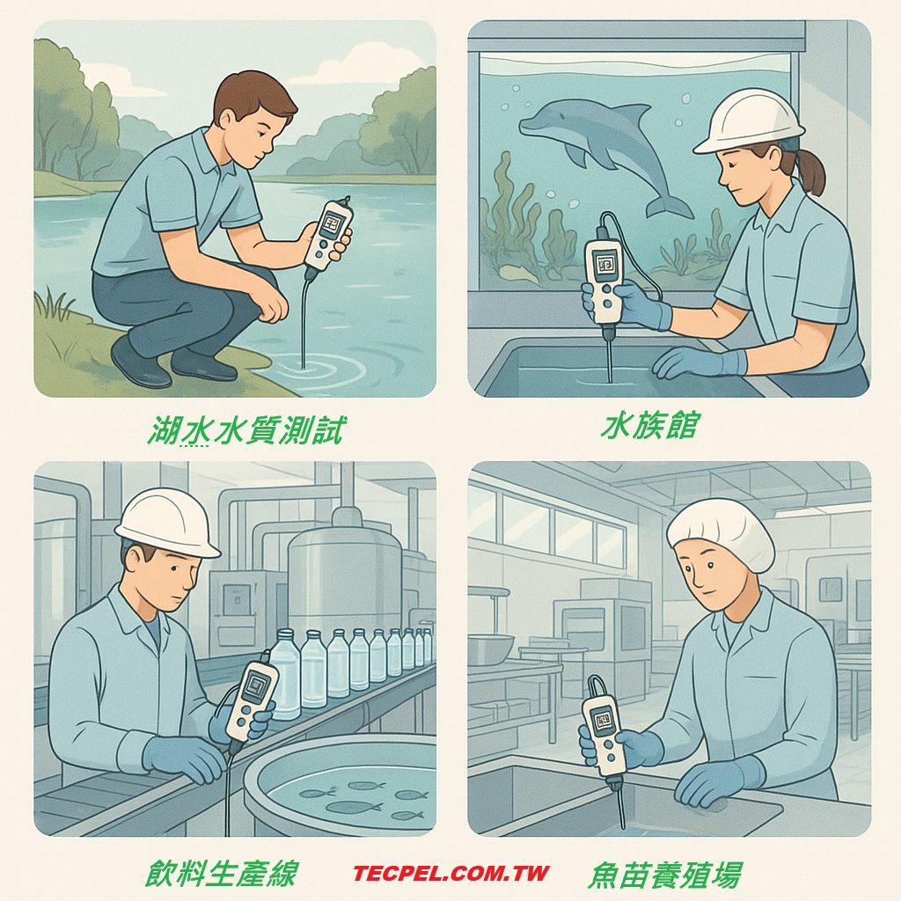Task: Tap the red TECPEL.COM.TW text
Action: tap(451, 874)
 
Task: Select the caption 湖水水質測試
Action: tap(245, 430)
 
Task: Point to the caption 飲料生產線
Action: tap(222, 874)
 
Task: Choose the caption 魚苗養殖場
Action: tap(664, 875)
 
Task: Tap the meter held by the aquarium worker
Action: tap(604, 280)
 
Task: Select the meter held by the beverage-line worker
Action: tap(253, 700)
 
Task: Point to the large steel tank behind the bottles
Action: tap(344, 572)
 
